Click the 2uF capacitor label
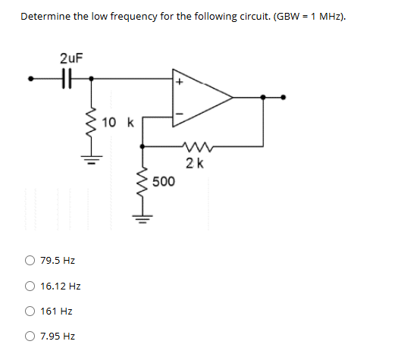pos(71,58)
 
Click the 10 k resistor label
pos(118,123)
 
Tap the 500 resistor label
pos(164,182)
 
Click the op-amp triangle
pos(201,97)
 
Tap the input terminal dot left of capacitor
pos(32,77)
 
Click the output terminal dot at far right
pos(284,97)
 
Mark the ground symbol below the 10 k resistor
pos(92,160)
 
